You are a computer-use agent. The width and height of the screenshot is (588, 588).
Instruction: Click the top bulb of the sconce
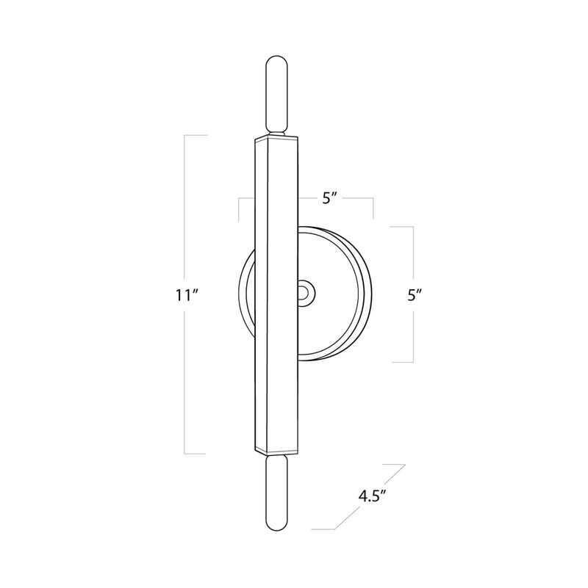(276, 92)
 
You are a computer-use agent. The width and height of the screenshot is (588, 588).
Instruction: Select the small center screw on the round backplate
(303, 293)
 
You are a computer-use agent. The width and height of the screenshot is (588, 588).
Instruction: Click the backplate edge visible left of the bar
(246, 294)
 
